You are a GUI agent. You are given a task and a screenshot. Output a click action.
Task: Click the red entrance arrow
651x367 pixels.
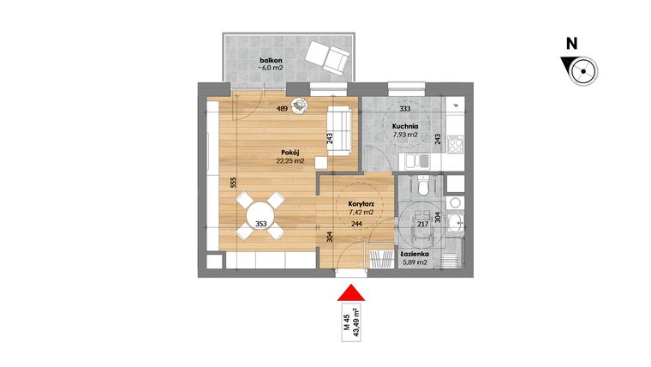click(x=349, y=292)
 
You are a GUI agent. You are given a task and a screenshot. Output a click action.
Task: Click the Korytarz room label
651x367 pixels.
click(x=360, y=203)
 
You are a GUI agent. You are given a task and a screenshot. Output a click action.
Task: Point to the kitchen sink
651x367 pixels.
click(x=417, y=160)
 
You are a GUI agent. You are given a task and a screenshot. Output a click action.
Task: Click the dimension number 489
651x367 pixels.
click(x=282, y=110)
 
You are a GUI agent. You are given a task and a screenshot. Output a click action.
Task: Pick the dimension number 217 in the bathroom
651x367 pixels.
click(x=421, y=225)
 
